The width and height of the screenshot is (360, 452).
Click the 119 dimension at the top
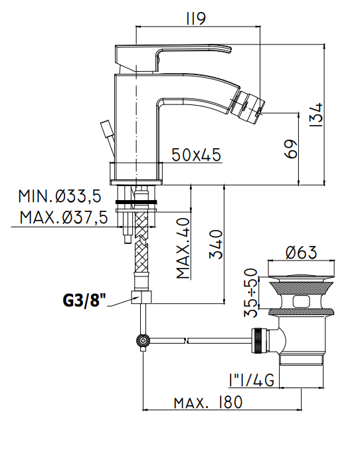click(x=196, y=18)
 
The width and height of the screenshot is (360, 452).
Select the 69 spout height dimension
click(x=290, y=149)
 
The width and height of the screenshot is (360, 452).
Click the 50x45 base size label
click(x=196, y=155)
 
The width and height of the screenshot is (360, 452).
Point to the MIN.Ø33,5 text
click(x=60, y=196)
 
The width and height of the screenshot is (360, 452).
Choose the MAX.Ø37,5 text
click(x=64, y=217)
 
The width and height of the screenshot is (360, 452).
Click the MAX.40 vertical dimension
click(x=183, y=248)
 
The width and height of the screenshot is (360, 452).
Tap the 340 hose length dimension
click(x=216, y=245)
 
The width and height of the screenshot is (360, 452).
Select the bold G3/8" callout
click(x=84, y=300)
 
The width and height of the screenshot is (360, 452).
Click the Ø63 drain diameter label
click(x=302, y=252)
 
